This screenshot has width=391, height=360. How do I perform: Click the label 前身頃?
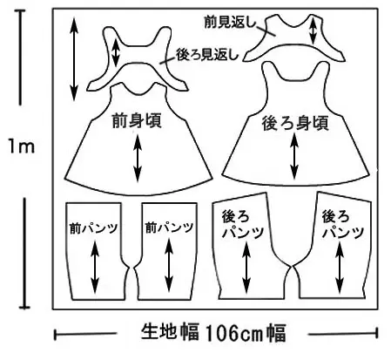[137, 121]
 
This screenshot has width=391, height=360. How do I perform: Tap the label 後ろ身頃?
[295, 124]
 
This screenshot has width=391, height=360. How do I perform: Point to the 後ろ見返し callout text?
[207, 54]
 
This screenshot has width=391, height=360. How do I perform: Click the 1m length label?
[21, 146]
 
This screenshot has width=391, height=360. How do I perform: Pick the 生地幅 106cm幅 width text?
[213, 333]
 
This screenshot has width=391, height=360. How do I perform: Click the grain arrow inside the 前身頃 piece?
[138, 159]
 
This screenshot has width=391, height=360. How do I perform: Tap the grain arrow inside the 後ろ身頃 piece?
[294, 157]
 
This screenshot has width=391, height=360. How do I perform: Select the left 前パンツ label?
[94, 228]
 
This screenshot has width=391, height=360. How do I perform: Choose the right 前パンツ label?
[169, 228]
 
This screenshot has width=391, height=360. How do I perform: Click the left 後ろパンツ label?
[243, 224]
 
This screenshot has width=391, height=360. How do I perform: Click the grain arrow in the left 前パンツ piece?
[95, 267]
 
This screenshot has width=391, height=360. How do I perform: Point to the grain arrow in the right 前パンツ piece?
[169, 265]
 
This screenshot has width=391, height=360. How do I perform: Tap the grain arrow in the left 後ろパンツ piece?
[246, 268]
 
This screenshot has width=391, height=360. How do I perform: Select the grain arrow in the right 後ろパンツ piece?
[340, 268]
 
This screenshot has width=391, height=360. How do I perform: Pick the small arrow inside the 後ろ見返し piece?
[116, 52]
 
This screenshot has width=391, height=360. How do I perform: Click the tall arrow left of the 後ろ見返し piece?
[74, 59]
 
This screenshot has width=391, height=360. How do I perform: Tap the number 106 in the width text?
[219, 334]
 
